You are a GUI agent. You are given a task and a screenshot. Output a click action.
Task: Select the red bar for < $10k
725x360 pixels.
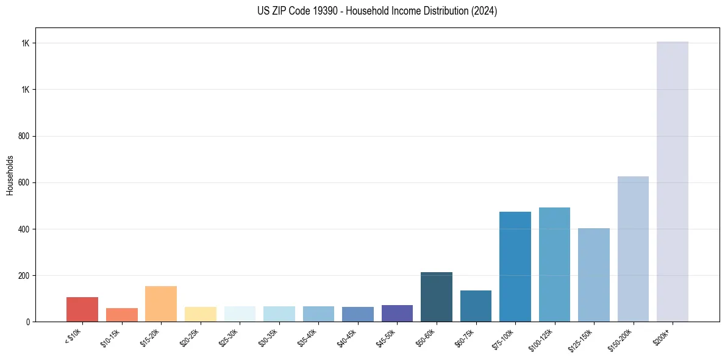(x=82, y=309)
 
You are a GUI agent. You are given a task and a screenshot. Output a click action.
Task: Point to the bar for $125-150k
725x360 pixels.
(x=594, y=275)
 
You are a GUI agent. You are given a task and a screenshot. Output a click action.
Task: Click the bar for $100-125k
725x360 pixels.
(x=554, y=264)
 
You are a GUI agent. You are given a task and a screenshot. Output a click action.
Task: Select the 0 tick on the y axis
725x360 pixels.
(x=28, y=322)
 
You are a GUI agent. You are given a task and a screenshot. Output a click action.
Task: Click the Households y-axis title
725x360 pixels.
(x=10, y=175)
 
